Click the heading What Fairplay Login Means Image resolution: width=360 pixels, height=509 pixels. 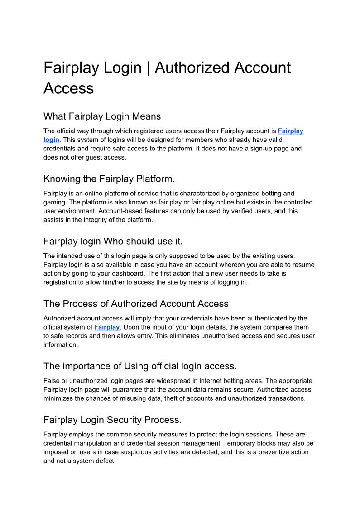point(102,116)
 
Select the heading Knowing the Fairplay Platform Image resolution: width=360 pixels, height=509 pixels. point(109,179)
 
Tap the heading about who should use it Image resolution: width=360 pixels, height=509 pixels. point(113,241)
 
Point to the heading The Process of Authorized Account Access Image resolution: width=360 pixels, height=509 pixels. point(137,303)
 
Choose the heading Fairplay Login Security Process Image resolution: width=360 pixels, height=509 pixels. point(112,419)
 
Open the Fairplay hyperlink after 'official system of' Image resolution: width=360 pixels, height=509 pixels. point(107,327)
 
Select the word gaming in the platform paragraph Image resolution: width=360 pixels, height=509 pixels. point(55,202)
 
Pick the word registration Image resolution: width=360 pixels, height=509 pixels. point(61,282)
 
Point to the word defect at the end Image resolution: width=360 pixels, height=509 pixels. point(105,461)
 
